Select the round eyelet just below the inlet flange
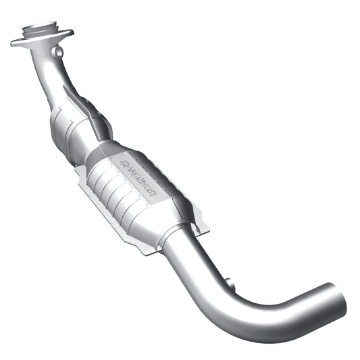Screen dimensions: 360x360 pos(59,51)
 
